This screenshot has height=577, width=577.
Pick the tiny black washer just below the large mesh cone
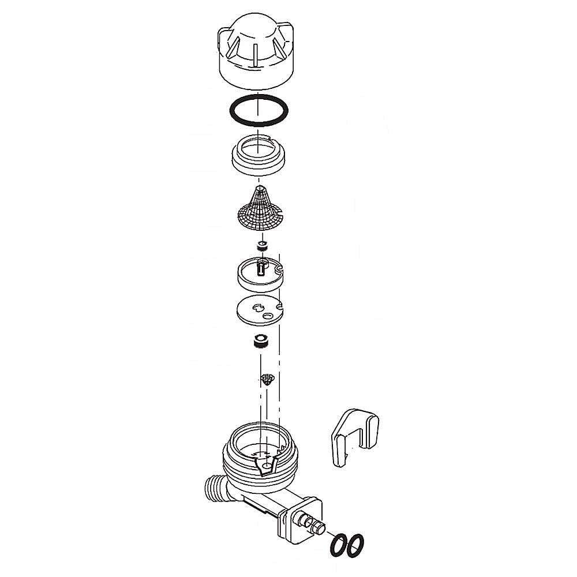(263, 245)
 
